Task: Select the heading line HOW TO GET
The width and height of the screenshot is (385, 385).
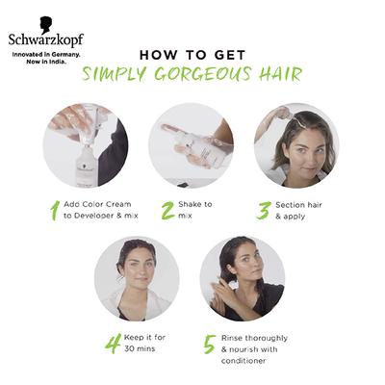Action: point(192,54)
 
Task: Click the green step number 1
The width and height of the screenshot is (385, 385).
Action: point(54,210)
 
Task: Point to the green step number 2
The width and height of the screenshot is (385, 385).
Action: point(167,210)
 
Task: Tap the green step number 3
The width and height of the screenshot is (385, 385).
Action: point(263,210)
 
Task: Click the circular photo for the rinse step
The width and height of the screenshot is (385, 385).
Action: point(242,277)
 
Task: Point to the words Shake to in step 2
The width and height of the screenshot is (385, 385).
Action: point(195,204)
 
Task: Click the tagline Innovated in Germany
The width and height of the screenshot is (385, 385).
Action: point(41,55)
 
